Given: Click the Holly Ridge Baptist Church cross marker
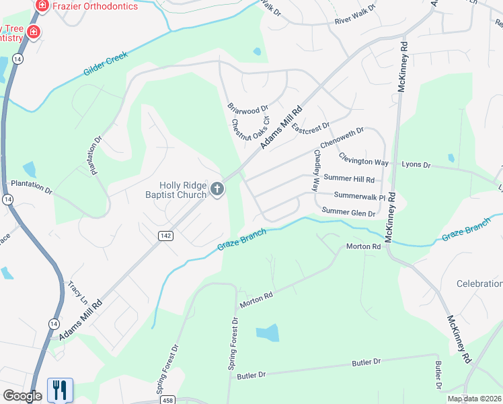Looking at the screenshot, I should click(x=217, y=190).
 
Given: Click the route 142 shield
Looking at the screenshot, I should click(x=165, y=235).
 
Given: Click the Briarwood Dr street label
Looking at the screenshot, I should click(x=247, y=108).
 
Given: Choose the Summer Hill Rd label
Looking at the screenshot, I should click(x=348, y=179).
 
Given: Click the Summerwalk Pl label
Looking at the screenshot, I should click(x=354, y=197).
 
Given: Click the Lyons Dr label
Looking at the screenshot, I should click(x=415, y=164).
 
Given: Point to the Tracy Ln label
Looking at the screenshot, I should click(x=77, y=290).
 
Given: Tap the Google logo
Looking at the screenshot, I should click(x=22, y=396).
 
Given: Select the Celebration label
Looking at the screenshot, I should click(x=479, y=283).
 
